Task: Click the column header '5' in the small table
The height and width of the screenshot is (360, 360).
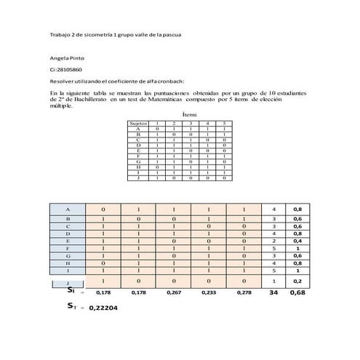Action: click(x=225, y=124)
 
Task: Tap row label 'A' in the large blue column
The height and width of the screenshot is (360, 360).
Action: click(x=67, y=209)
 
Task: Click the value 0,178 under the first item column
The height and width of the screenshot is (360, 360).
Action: click(x=103, y=293)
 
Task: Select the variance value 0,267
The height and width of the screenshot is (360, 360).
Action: click(x=174, y=293)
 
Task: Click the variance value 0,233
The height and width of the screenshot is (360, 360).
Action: click(x=209, y=293)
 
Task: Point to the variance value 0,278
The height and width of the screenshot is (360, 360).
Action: click(x=245, y=293)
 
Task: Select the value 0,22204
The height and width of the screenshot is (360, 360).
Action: click(x=105, y=308)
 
